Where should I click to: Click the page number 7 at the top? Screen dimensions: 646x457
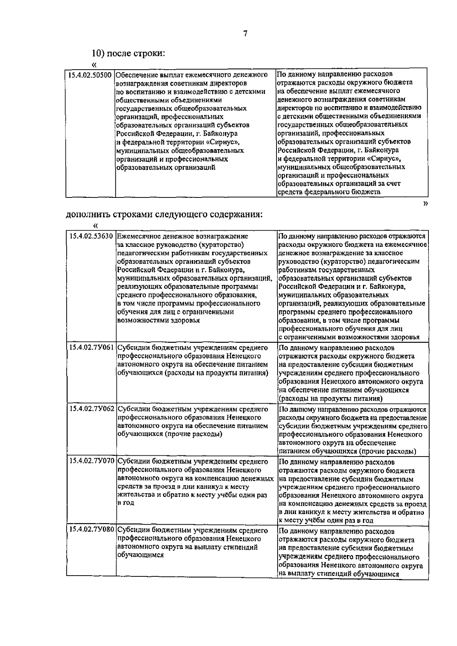(245, 34)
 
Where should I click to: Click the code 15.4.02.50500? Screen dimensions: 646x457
(90, 75)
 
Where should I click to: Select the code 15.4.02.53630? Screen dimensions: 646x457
(91, 236)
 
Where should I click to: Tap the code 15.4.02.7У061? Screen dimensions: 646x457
(91, 348)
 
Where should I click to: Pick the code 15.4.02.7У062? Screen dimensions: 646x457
(91, 409)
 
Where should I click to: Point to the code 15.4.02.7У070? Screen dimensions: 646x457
(91, 461)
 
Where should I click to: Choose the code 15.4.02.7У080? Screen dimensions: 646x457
(91, 530)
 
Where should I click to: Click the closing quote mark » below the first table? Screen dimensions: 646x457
(425, 204)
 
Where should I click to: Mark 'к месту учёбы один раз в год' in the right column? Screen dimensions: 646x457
(326, 520)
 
